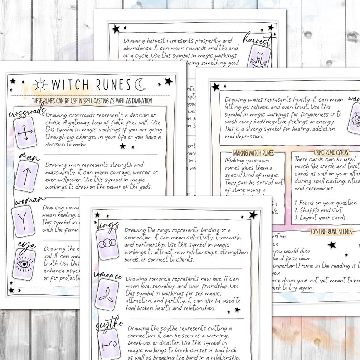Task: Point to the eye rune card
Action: pos(24,265)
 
